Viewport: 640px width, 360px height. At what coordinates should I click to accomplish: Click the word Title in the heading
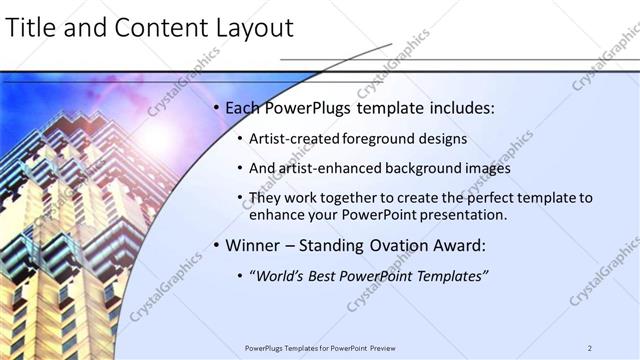pos(35,28)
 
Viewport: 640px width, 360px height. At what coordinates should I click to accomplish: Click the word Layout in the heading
pos(254,28)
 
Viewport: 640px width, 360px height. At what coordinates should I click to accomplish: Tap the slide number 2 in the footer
pos(590,348)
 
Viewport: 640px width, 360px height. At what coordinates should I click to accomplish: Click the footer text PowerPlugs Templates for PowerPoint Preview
pos(320,348)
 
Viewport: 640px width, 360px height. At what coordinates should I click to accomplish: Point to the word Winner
pos(253,243)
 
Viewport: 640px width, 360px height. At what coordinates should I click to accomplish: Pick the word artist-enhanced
pos(326,168)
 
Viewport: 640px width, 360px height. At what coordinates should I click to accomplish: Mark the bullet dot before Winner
pos(217,244)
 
